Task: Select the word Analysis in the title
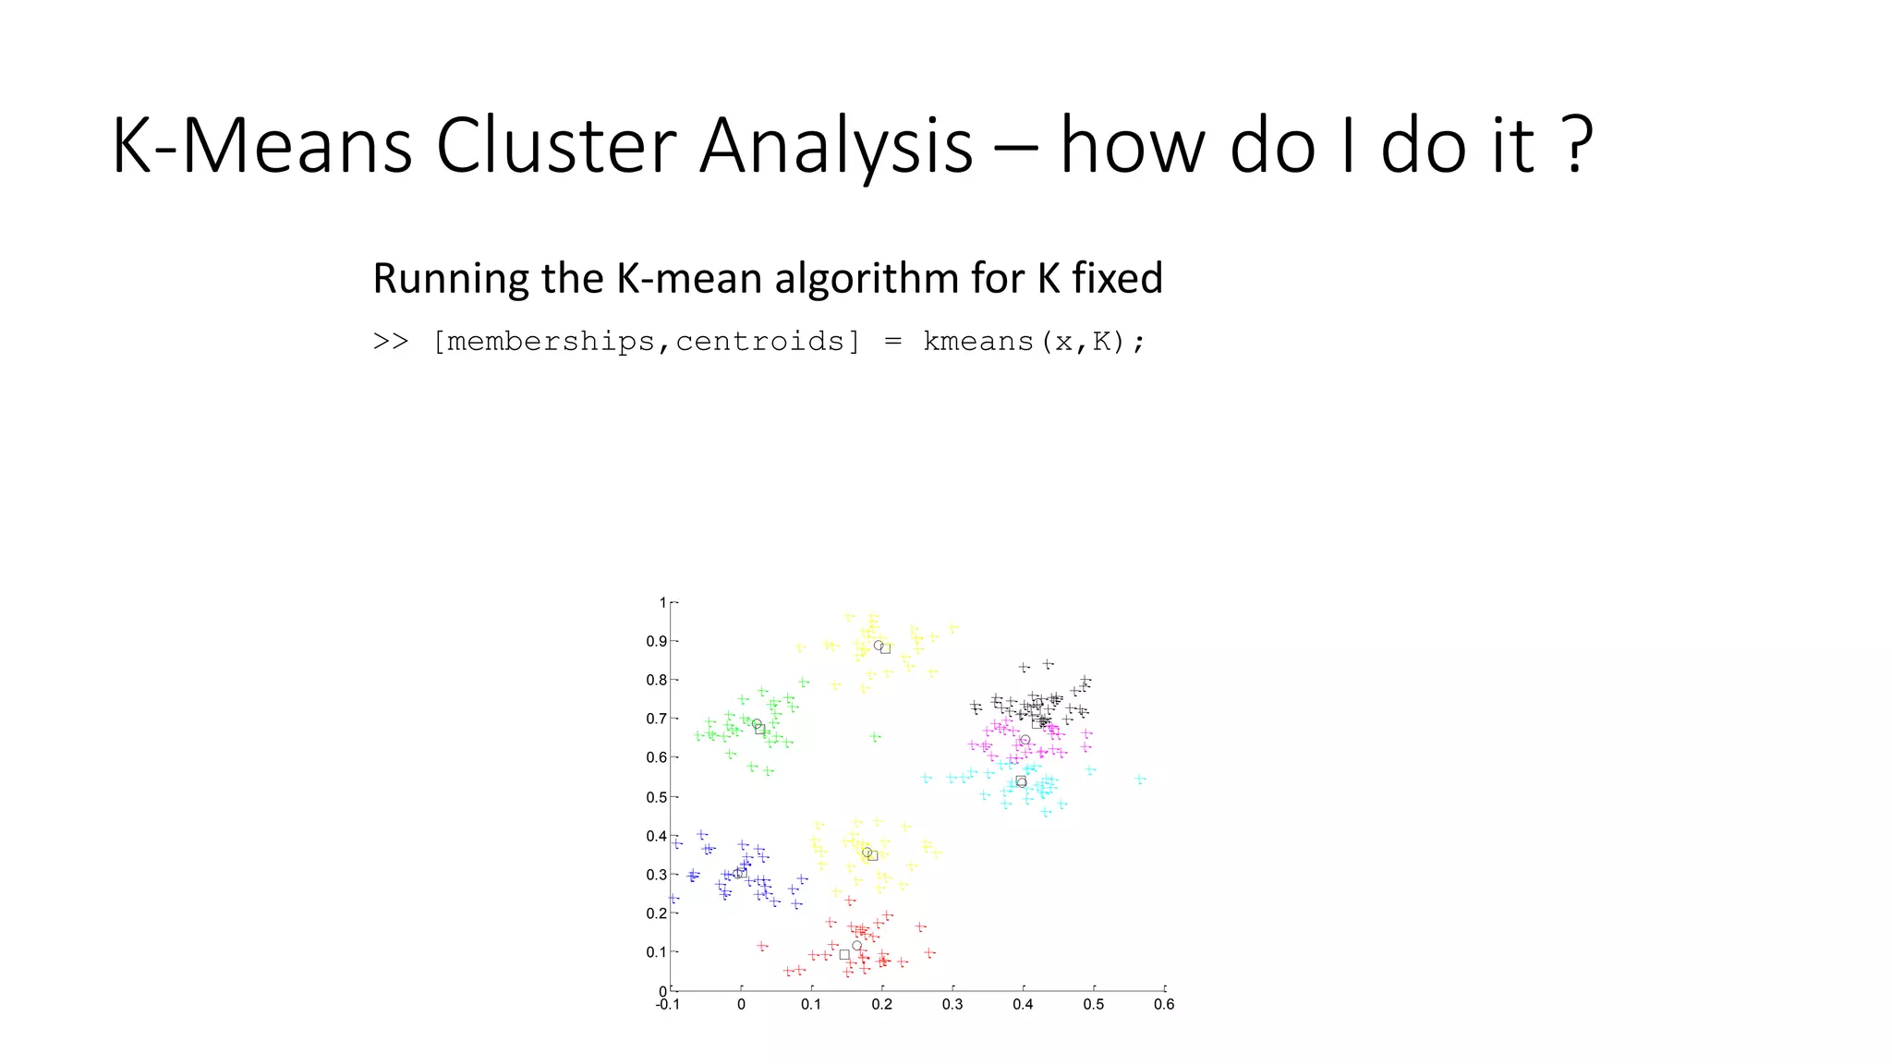tap(836, 145)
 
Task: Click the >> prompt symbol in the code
tap(390, 342)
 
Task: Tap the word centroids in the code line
tap(760, 342)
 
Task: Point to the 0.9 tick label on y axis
tap(656, 641)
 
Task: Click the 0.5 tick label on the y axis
tap(656, 797)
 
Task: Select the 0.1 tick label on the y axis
tap(656, 952)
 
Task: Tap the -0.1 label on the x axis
tap(667, 1005)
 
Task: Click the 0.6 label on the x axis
tap(1164, 1005)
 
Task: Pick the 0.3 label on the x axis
tap(952, 1005)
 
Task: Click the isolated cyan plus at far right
tap(1140, 780)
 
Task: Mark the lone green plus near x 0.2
tap(875, 737)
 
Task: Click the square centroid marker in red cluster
tap(843, 955)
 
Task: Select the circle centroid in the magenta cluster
tap(1025, 740)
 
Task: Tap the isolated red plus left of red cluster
tap(762, 946)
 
